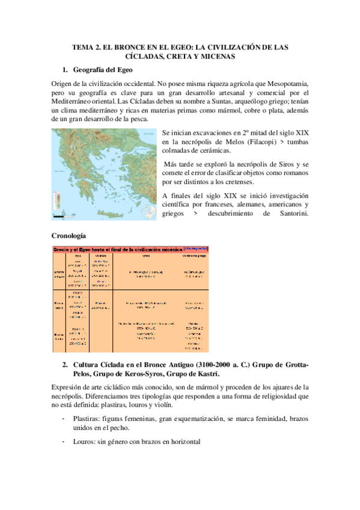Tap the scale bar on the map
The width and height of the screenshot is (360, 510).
click(x=60, y=214)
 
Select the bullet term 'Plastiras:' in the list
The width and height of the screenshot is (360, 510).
click(x=84, y=417)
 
